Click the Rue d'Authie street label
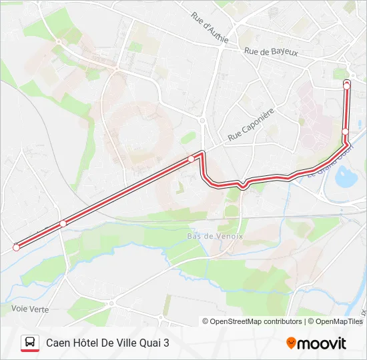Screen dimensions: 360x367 [x=210, y=28]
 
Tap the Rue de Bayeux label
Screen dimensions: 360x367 [x=271, y=51]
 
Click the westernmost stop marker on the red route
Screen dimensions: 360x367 [x=16, y=247]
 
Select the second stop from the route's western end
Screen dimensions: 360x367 [x=63, y=223]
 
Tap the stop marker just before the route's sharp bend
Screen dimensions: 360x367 [x=192, y=159]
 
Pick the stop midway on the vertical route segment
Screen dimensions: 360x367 [x=345, y=131]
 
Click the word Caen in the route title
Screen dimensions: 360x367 [x=59, y=343]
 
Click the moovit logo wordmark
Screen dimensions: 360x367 [x=322, y=343]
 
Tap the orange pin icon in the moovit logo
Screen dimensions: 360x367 [x=291, y=343]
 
